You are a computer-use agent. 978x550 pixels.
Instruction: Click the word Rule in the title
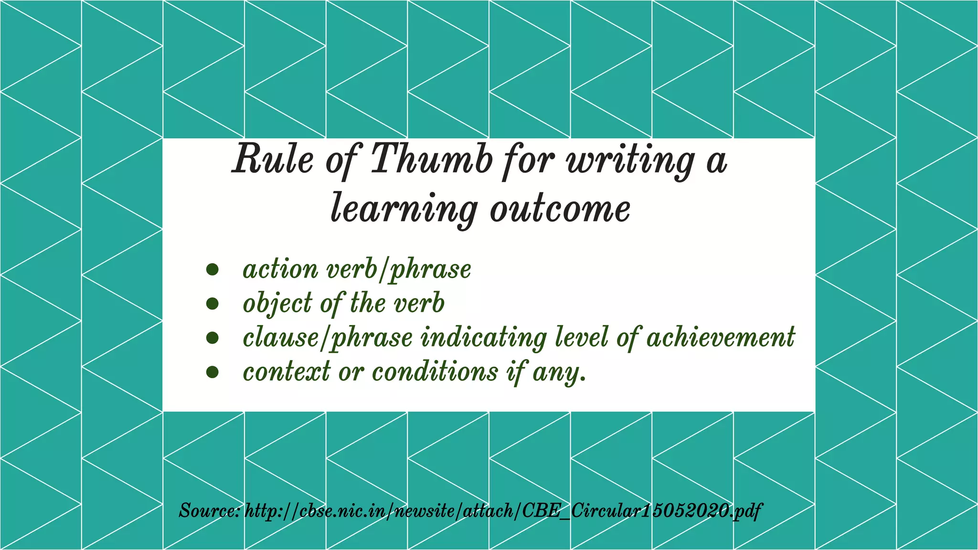click(273, 159)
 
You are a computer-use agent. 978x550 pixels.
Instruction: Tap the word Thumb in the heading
click(431, 159)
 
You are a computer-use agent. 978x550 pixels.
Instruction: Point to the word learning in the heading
click(404, 209)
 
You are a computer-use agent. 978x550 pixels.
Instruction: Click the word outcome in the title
click(560, 209)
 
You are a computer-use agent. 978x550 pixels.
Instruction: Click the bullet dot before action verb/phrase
click(213, 270)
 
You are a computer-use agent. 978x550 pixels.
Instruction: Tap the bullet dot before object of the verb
click(213, 304)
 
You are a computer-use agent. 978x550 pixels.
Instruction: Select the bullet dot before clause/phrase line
click(213, 338)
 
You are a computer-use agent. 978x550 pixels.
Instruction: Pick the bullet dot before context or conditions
click(213, 372)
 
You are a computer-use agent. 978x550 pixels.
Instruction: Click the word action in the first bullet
click(280, 269)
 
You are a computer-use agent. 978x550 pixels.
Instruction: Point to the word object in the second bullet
click(277, 304)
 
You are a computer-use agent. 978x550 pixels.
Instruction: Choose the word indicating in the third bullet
click(483, 338)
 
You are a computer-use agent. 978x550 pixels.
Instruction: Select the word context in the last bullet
click(287, 372)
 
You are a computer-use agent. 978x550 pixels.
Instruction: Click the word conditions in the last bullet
click(435, 371)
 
